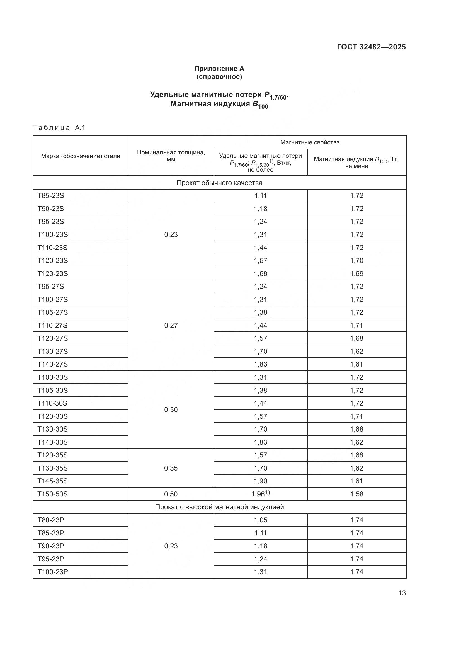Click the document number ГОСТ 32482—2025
[371, 47]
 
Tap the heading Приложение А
[219, 69]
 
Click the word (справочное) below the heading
[219, 77]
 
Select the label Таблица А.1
[59, 127]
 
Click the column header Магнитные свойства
[310, 142]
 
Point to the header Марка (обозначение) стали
[81, 156]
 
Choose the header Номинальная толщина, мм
[171, 156]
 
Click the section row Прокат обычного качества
[219, 183]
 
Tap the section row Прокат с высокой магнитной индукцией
[219, 507]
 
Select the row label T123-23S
[53, 273]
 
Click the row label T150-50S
[53, 494]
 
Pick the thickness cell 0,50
[171, 494]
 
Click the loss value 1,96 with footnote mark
[260, 494]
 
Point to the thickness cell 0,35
[171, 468]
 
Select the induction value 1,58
[356, 494]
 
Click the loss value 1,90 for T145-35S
[260, 481]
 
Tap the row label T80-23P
[51, 520]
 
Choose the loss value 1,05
[260, 520]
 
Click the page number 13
[402, 593]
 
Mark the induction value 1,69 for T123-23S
[356, 273]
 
